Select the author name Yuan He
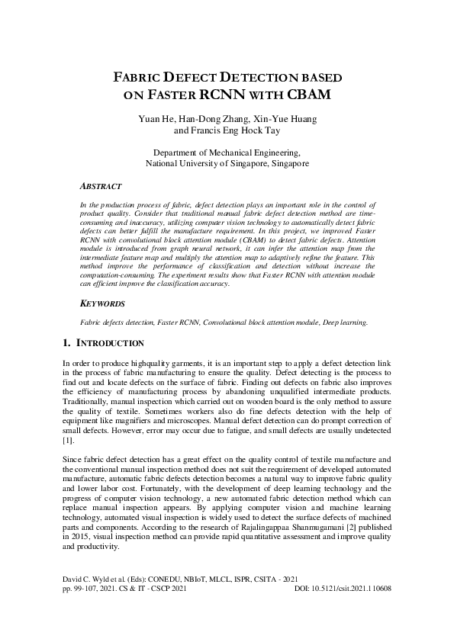coord(155,119)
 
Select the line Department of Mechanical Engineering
coord(227,152)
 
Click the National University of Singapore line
coord(227,163)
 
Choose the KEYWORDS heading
coord(103,326)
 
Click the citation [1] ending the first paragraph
coord(67,441)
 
